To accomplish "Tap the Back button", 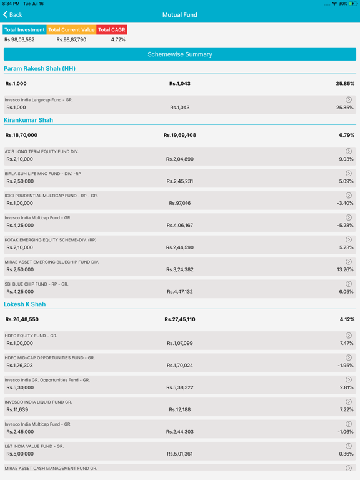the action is [12, 15].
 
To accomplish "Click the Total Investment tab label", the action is [24, 30].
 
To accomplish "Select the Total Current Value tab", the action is [71, 30].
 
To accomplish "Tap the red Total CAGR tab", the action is [112, 30].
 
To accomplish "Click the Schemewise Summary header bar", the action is [180, 54].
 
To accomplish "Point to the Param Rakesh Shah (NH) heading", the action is [39, 68].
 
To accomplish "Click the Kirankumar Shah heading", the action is [29, 120].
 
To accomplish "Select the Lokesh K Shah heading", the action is [25, 304].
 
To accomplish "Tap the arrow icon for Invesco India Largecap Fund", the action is [349, 99].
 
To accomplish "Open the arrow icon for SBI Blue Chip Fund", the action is [349, 284].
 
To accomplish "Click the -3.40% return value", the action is [345, 203].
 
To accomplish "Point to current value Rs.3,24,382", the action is [180, 270].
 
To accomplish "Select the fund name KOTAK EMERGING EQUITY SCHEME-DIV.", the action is [51, 240].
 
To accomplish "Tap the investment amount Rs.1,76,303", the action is [19, 366].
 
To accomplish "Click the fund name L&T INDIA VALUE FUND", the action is [34, 446].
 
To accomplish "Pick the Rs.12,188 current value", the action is [180, 409].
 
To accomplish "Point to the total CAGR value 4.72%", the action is [118, 39].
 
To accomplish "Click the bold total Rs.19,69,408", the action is [180, 135].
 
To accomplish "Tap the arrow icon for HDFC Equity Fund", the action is [349, 336].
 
